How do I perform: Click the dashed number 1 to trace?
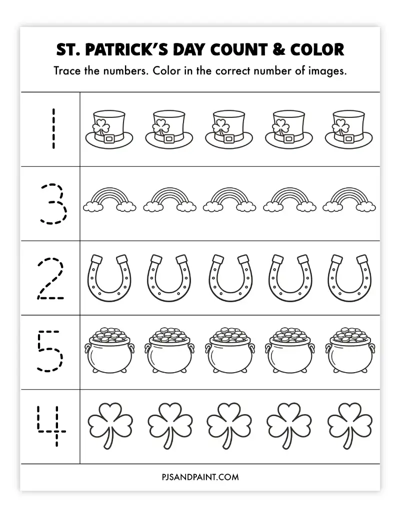coord(50,129)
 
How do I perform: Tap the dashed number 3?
coord(51,204)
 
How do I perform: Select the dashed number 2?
coord(50,279)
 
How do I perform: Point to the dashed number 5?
coord(50,352)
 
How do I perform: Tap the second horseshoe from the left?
coord(169,278)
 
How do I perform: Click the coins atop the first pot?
coord(110,334)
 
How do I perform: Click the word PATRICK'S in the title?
coord(146,50)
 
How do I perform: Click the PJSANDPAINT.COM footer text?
coord(200,477)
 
